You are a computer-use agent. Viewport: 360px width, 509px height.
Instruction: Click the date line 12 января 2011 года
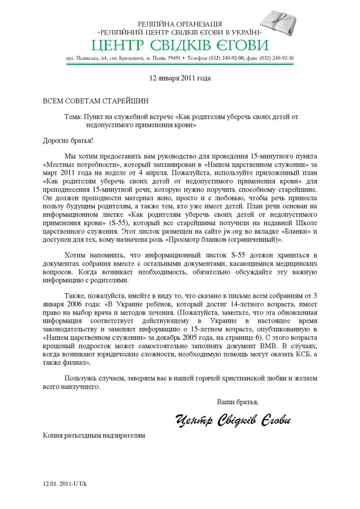pyautogui.click(x=180, y=78)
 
